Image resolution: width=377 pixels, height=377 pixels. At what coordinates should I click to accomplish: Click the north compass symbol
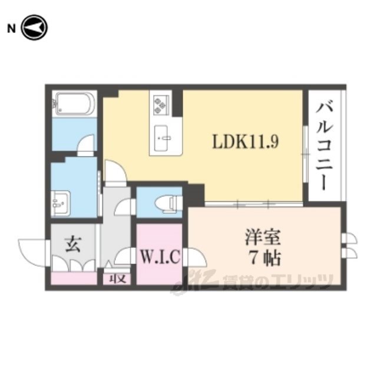pyautogui.click(x=34, y=28)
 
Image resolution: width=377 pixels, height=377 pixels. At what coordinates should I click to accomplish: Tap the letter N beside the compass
pyautogui.click(x=11, y=29)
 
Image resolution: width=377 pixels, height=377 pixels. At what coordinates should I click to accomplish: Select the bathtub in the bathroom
pyautogui.click(x=75, y=104)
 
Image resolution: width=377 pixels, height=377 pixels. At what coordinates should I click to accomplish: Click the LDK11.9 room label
pyautogui.click(x=245, y=141)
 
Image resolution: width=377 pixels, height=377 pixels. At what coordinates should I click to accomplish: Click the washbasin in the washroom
pyautogui.click(x=61, y=203)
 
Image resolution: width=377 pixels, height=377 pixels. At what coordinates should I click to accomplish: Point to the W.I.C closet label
pyautogui.click(x=160, y=257)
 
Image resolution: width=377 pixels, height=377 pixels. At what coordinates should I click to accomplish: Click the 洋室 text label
pyautogui.click(x=263, y=237)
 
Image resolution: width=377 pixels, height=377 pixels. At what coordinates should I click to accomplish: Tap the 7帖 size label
pyautogui.click(x=266, y=258)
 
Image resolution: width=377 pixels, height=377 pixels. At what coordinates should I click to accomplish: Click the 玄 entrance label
pyautogui.click(x=73, y=244)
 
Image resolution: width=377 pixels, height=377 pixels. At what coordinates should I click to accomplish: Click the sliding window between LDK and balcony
pyautogui.click(x=305, y=154)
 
